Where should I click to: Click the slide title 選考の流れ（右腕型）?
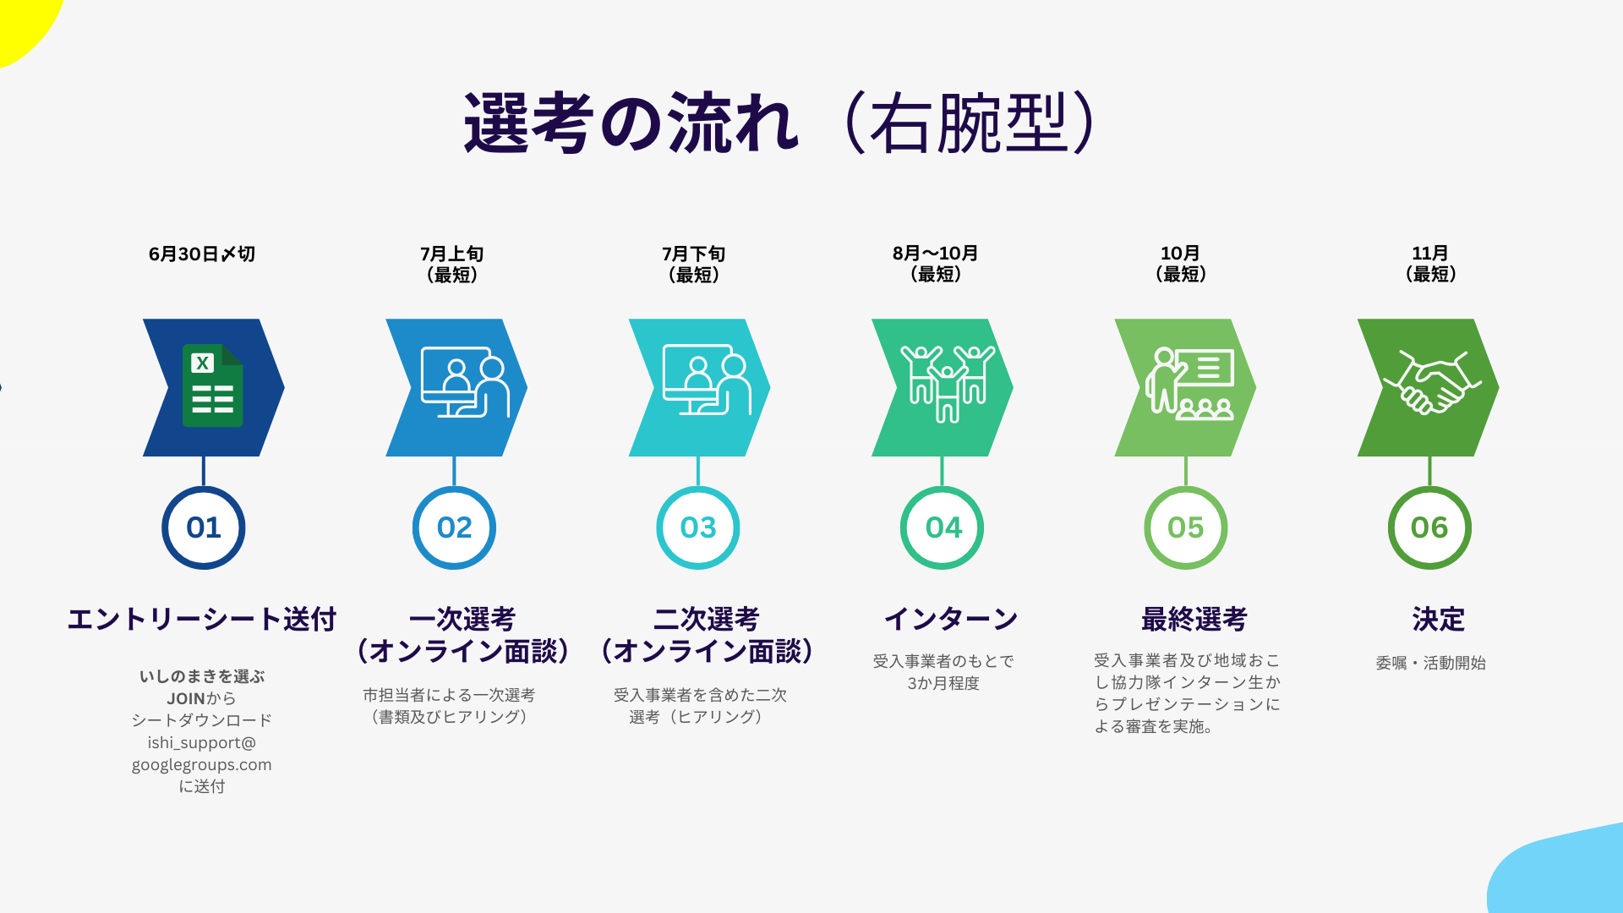click(781, 123)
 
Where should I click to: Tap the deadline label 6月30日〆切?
click(202, 254)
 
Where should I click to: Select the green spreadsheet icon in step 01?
click(213, 385)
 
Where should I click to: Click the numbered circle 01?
click(204, 528)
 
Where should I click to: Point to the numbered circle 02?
click(455, 528)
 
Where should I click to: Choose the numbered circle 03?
click(698, 528)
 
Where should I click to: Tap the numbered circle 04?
click(943, 528)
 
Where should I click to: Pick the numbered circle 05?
click(1186, 528)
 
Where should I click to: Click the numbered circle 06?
click(1429, 528)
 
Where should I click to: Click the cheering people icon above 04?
click(948, 383)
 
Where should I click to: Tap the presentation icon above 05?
click(1189, 384)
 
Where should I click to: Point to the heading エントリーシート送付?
click(202, 619)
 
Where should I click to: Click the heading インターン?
click(951, 619)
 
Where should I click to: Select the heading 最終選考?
click(1194, 619)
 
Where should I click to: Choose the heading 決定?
click(1439, 619)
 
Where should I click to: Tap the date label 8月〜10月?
click(935, 253)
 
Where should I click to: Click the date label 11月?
click(1430, 253)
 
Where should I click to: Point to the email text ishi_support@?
click(201, 742)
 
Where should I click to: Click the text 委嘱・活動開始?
click(1430, 663)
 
